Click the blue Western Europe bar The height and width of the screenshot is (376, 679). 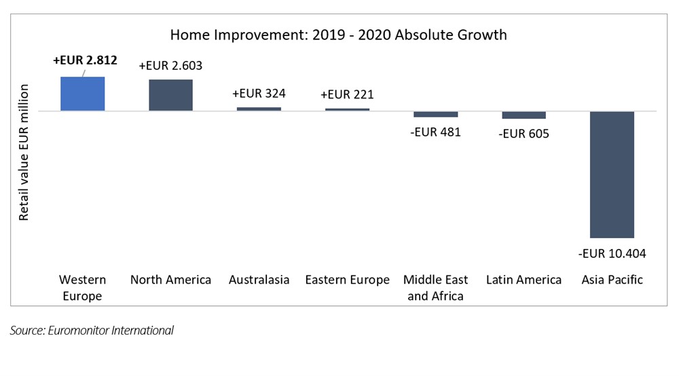pyautogui.click(x=82, y=94)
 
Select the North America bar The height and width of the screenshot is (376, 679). pyautogui.click(x=170, y=95)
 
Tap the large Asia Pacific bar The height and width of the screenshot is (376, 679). pyautogui.click(x=612, y=175)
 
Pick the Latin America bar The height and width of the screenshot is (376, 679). pyautogui.click(x=524, y=115)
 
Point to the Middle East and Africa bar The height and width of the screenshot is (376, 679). pyautogui.click(x=436, y=114)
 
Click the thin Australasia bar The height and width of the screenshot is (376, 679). pyautogui.click(x=259, y=109)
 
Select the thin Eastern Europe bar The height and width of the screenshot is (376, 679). pyautogui.click(x=347, y=109)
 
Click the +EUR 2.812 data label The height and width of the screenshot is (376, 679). pyautogui.click(x=85, y=60)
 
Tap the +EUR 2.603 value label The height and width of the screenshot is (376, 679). pyautogui.click(x=170, y=65)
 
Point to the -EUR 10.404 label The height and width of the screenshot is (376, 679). pyautogui.click(x=612, y=253)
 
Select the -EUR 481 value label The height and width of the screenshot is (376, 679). pyautogui.click(x=436, y=132)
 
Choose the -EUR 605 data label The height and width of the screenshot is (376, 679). pyautogui.click(x=524, y=134)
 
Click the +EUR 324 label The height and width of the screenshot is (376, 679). pyautogui.click(x=259, y=94)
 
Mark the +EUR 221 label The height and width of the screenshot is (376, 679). pyautogui.click(x=347, y=94)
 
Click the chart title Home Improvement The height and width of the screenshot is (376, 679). pyautogui.click(x=338, y=35)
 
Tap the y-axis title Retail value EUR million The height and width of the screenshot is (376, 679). pyautogui.click(x=23, y=152)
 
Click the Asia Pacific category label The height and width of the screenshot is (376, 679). pyautogui.click(x=612, y=280)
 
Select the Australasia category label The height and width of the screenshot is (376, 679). pyautogui.click(x=259, y=280)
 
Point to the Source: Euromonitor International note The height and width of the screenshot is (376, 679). pyautogui.click(x=92, y=330)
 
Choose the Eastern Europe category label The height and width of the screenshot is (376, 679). pyautogui.click(x=347, y=280)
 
